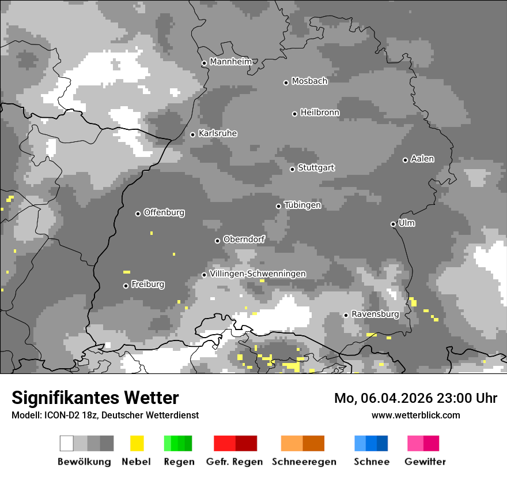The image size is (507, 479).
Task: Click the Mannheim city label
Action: (231, 62)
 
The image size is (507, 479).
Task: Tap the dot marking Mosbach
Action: (286, 83)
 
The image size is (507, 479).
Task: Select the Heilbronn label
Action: (320, 113)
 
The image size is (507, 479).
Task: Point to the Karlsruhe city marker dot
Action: (193, 134)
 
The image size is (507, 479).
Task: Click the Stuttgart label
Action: (316, 168)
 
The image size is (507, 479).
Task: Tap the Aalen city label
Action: (422, 159)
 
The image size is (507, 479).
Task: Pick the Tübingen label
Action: (302, 205)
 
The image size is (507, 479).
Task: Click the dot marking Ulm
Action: (393, 224)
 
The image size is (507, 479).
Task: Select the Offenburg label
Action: (164, 212)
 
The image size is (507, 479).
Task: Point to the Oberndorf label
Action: (244, 240)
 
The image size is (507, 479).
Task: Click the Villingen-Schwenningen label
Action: (258, 274)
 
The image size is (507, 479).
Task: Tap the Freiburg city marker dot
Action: (126, 286)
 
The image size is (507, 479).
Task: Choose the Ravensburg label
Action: (375, 315)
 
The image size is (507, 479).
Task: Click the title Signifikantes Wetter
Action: (95, 398)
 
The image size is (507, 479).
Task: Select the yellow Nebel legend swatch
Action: (137, 443)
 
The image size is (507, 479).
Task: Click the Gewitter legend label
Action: (425, 462)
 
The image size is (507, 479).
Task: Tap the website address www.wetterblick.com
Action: (416, 415)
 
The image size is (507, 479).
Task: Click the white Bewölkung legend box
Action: (67, 443)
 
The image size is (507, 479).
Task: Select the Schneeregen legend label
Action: (304, 462)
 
